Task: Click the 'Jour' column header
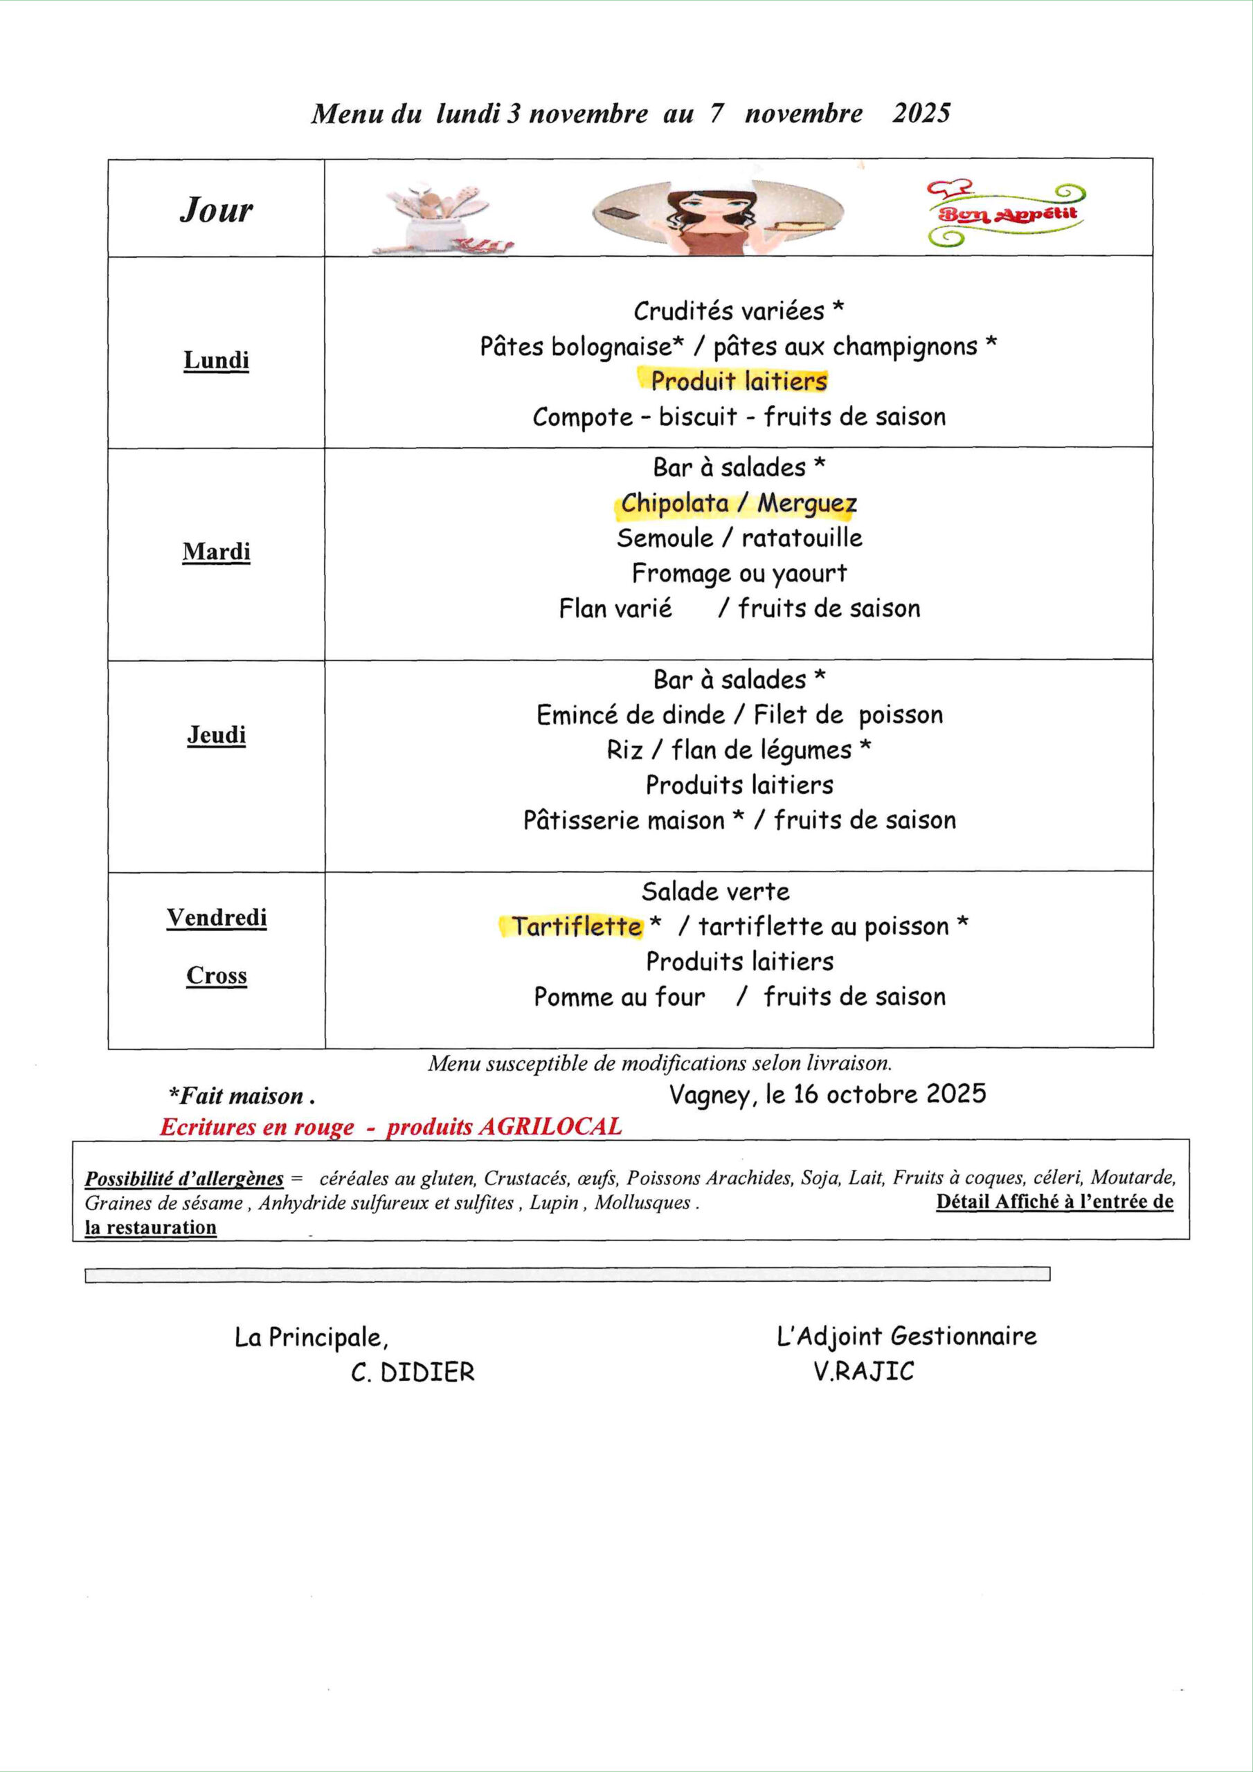(216, 209)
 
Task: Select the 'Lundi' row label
(216, 361)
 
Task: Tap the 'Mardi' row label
(216, 552)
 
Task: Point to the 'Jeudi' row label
(216, 734)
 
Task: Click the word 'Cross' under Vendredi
(216, 975)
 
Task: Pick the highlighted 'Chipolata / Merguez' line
(739, 503)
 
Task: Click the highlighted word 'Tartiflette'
(577, 926)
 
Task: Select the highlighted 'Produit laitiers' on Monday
(739, 381)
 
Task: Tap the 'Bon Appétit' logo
(1007, 214)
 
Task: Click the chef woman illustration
(717, 213)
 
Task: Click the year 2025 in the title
(921, 114)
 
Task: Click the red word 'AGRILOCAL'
(550, 1127)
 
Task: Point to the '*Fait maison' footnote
(242, 1096)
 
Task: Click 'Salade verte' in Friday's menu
(716, 892)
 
